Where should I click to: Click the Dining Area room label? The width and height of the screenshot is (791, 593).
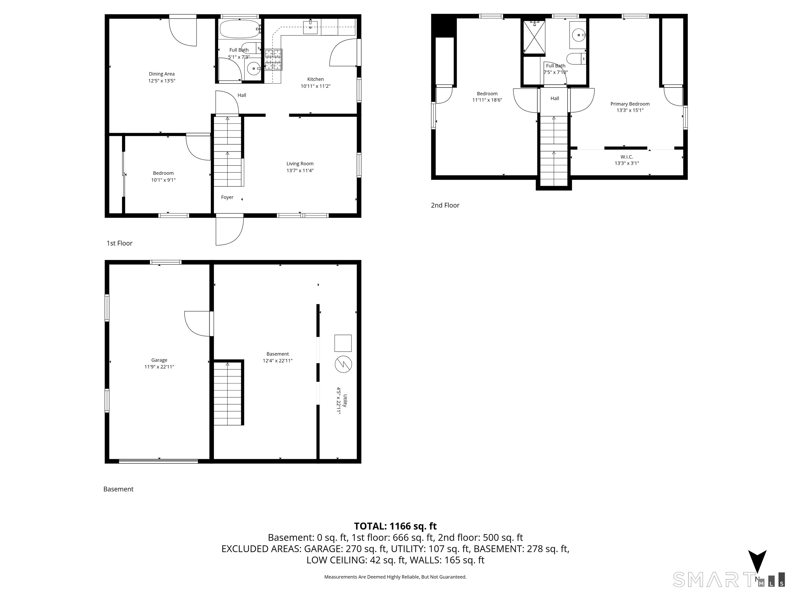(162, 74)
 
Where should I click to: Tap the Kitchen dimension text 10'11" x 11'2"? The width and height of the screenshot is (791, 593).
(315, 86)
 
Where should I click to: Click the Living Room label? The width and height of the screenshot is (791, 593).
(300, 164)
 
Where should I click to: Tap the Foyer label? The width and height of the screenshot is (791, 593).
(227, 197)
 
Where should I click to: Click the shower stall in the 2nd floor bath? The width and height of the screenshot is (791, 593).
(534, 37)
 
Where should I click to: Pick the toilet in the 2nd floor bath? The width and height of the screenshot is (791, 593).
(576, 59)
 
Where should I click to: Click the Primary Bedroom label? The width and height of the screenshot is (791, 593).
(630, 104)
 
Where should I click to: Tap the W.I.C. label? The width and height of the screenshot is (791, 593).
(626, 157)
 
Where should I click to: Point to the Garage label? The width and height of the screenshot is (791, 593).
(159, 360)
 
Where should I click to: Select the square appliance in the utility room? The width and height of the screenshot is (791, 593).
(343, 343)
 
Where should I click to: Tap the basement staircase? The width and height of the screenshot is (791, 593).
(228, 393)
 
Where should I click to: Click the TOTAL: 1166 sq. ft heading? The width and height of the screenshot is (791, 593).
(395, 526)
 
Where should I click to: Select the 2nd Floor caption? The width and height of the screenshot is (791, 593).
(445, 205)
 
